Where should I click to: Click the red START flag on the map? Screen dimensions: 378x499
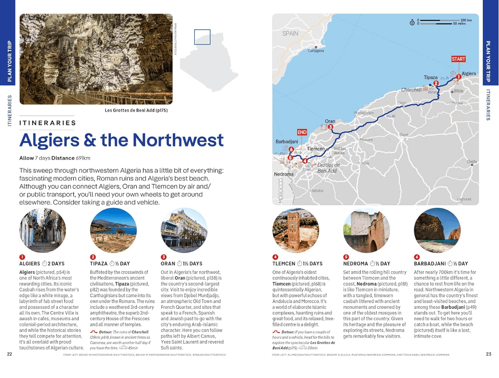458,59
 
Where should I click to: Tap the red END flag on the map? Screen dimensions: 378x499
302,132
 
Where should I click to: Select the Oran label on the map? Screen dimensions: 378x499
330,121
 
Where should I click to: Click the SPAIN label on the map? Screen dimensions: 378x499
290,34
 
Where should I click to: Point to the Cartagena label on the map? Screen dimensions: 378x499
316,51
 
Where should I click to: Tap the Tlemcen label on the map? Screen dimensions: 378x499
316,149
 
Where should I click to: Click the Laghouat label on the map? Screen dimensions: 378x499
464,199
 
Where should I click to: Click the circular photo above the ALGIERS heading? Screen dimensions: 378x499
36,231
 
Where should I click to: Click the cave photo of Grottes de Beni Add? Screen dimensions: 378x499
96,59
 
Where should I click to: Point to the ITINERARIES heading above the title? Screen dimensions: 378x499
47,123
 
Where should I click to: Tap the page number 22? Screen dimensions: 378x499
9,355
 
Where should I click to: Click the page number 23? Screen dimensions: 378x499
489,355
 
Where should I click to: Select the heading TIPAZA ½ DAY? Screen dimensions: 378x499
110,264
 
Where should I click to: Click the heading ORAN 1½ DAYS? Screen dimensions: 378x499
181,264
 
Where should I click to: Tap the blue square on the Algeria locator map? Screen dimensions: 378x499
202,37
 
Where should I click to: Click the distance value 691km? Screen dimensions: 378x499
83,158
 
